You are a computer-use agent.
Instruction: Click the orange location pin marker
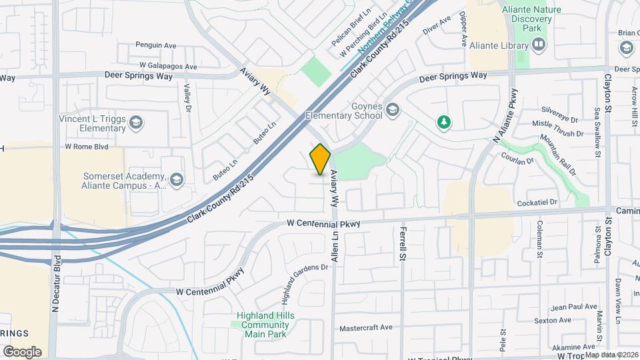[x=321, y=159]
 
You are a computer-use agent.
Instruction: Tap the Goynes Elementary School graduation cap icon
[x=394, y=109]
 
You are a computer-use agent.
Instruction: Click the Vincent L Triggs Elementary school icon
[x=137, y=122]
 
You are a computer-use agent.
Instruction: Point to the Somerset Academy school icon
[x=177, y=179]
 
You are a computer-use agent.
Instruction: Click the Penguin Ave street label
[x=155, y=45]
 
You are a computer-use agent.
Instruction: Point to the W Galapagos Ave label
[x=168, y=67]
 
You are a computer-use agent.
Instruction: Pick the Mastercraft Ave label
[x=366, y=328]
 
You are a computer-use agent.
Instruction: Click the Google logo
[x=22, y=351]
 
